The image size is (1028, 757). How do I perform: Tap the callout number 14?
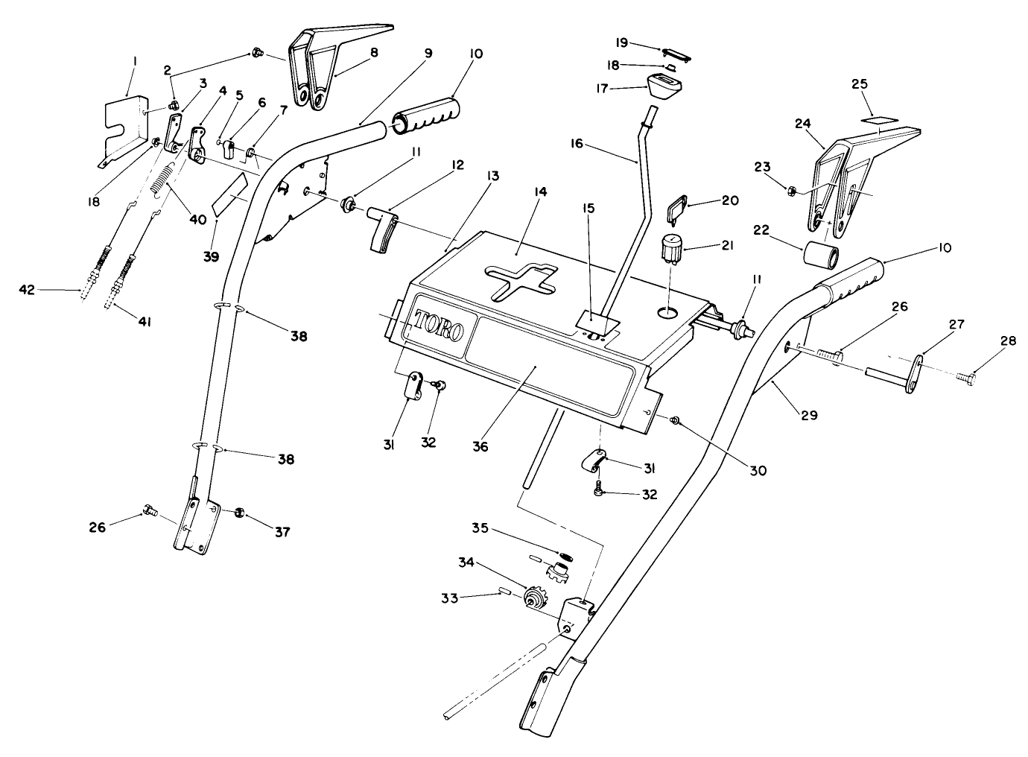tap(540, 192)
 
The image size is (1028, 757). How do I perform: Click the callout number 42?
tap(28, 289)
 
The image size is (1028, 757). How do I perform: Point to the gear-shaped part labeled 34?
tap(533, 598)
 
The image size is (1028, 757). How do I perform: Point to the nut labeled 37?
tap(241, 513)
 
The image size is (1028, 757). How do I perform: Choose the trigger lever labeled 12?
tap(383, 231)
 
